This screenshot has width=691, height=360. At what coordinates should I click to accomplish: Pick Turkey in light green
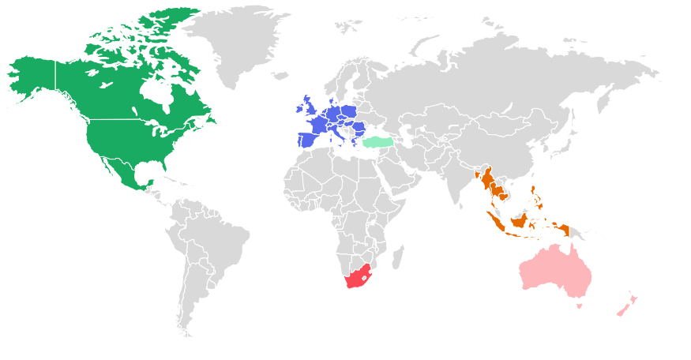pos(379,142)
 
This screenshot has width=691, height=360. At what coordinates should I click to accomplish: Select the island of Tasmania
pos(580,306)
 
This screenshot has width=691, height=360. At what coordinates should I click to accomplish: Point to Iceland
pos(281,76)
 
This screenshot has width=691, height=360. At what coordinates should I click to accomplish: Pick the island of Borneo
pos(521,218)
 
